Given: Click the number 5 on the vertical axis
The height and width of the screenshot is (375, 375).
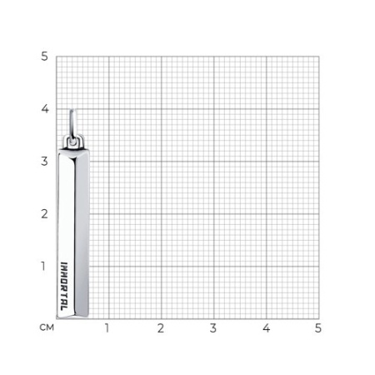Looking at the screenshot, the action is (x=44, y=57).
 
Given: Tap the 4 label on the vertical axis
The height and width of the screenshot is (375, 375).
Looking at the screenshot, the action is (x=45, y=108).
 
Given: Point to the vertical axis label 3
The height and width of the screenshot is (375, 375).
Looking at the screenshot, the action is (x=44, y=162).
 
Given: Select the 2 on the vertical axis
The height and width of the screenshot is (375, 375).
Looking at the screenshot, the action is (x=44, y=214).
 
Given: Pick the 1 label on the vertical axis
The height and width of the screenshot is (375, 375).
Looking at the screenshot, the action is (x=43, y=266).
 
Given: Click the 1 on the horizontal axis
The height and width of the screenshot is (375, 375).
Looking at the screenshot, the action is (x=107, y=328).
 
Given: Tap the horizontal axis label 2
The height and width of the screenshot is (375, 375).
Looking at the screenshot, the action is (x=161, y=328).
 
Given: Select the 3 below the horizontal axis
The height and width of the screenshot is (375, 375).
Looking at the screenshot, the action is (x=213, y=328).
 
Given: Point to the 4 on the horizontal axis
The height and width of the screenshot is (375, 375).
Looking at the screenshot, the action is (x=266, y=328).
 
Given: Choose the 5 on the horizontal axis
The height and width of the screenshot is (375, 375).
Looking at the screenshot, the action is (x=318, y=328).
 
